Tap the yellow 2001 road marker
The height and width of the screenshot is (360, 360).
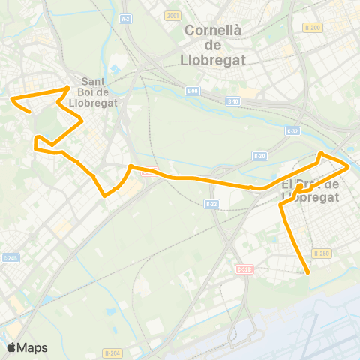(x=173, y=15)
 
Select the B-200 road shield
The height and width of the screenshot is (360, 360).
(x=313, y=28)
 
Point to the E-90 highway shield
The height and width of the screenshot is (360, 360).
(x=193, y=91)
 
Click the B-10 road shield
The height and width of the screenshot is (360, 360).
(x=233, y=100)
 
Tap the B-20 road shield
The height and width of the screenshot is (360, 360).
(x=259, y=156)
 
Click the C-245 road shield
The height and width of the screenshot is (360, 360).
(x=9, y=257)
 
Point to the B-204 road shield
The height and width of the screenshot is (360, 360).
(x=112, y=352)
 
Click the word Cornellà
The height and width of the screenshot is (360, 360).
(x=213, y=31)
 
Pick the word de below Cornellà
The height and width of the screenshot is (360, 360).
(x=213, y=45)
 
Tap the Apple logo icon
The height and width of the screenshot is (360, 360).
(x=11, y=347)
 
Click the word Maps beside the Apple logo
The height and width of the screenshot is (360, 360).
(x=33, y=347)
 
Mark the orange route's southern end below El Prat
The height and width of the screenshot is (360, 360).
(x=308, y=274)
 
